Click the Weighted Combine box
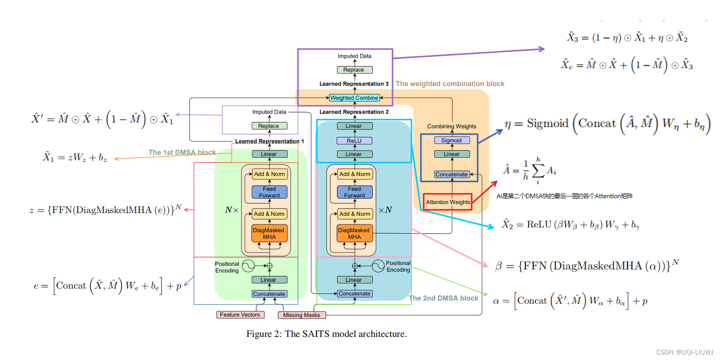(x=354, y=98)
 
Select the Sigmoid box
(x=451, y=140)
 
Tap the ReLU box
(x=354, y=140)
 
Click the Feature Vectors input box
(x=240, y=315)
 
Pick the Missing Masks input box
(x=302, y=315)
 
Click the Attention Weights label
(x=448, y=202)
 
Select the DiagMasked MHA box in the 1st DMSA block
(x=269, y=233)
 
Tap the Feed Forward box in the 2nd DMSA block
(x=354, y=192)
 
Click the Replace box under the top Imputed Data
(x=354, y=70)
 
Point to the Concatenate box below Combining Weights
(x=451, y=174)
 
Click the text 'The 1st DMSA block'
(x=182, y=153)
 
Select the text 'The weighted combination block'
(x=450, y=84)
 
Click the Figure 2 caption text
(x=326, y=334)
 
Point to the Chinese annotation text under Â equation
(x=564, y=196)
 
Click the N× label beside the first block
(x=231, y=210)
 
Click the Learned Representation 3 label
(x=354, y=84)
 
